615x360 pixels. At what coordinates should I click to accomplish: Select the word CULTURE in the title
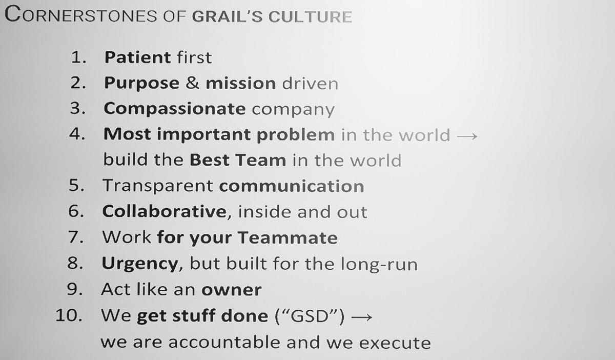tap(310, 17)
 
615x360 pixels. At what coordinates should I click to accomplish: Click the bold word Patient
tap(138, 57)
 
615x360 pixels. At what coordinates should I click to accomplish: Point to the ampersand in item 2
tap(193, 83)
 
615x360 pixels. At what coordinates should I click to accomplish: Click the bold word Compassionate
tap(175, 109)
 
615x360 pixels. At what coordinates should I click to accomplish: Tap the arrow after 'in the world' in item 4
tap(467, 136)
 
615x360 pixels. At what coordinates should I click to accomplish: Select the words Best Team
tap(238, 160)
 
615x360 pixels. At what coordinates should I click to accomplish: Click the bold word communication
tap(292, 186)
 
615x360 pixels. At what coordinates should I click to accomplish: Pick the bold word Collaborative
tap(164, 211)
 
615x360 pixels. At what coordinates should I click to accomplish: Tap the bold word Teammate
tap(288, 237)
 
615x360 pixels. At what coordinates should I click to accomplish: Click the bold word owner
tap(232, 290)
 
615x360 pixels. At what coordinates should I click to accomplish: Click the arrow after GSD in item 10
tap(362, 317)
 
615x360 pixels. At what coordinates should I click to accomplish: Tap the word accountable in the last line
tap(225, 342)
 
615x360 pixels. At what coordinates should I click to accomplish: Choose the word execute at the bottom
tap(395, 343)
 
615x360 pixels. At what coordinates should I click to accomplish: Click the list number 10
tap(69, 315)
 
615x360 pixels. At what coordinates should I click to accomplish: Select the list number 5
tap(76, 185)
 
